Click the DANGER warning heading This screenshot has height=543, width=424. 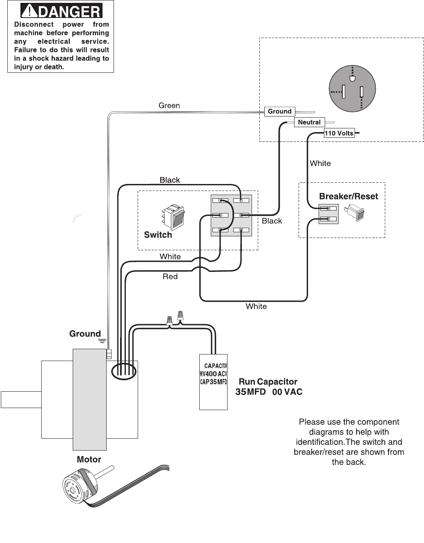[x=61, y=11]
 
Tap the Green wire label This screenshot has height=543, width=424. [x=169, y=105]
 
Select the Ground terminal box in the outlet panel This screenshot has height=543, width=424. [x=280, y=111]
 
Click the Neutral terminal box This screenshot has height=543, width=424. [x=309, y=122]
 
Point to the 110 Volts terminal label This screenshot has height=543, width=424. [x=339, y=133]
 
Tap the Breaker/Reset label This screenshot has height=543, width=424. [x=348, y=196]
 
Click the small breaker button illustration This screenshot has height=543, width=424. [x=355, y=213]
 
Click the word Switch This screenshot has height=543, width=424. [x=158, y=235]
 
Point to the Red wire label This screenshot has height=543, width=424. [x=170, y=276]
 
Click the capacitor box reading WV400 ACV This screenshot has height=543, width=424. [x=213, y=382]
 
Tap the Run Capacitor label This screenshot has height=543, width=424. [x=268, y=382]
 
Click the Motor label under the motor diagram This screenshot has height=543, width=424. [x=89, y=460]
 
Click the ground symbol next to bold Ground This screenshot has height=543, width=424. [x=102, y=341]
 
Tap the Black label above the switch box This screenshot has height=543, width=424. [x=170, y=180]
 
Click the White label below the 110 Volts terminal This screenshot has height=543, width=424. [x=320, y=164]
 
